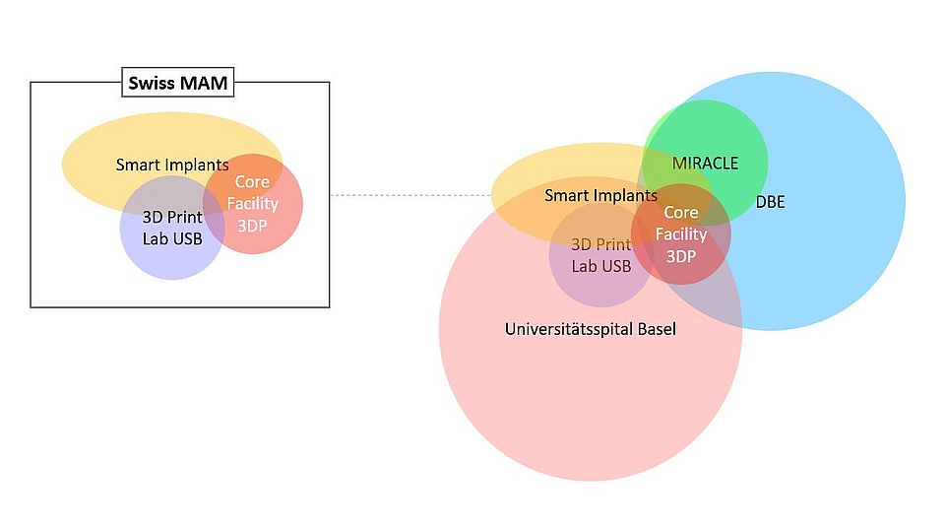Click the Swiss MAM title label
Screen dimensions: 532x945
pos(178,83)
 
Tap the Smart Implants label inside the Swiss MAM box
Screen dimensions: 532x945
pos(172,165)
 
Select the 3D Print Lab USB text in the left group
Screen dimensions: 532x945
pos(172,228)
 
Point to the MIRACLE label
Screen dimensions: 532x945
pos(705,163)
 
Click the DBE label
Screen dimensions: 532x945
pos(770,202)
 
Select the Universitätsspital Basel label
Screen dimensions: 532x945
pos(590,329)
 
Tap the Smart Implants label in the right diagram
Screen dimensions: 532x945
pos(600,196)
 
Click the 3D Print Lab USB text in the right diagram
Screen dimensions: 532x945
pos(601,255)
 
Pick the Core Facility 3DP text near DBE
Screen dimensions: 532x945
pos(681,234)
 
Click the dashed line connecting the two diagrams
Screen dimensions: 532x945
pos(409,195)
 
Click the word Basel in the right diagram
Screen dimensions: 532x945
pos(654,329)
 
